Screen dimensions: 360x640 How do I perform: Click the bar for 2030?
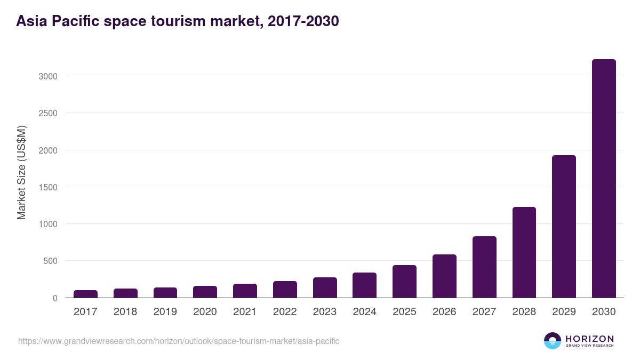604,179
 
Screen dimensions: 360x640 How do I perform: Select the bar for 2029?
564,227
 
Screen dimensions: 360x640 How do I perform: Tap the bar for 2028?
524,252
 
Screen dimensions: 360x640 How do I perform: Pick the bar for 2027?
484,267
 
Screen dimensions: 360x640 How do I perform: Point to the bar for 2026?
444,276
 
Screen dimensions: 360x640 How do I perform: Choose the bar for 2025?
404,282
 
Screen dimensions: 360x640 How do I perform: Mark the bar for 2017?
85,294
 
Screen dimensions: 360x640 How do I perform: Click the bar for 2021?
245,291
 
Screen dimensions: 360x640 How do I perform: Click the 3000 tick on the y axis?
47,76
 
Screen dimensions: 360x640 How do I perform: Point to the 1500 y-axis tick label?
47,187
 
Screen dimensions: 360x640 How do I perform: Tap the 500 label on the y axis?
50,261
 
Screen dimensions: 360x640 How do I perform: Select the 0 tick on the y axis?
54,298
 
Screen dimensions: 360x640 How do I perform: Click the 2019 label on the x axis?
165,312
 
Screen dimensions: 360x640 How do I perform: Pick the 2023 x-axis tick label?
325,312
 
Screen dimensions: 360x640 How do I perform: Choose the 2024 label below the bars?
364,312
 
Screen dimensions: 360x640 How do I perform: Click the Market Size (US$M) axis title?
21,172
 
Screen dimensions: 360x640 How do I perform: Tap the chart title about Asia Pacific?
177,21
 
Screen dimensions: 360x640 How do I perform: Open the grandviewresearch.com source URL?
179,341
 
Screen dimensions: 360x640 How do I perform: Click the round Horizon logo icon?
553,341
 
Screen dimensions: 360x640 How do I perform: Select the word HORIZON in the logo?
589,339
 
